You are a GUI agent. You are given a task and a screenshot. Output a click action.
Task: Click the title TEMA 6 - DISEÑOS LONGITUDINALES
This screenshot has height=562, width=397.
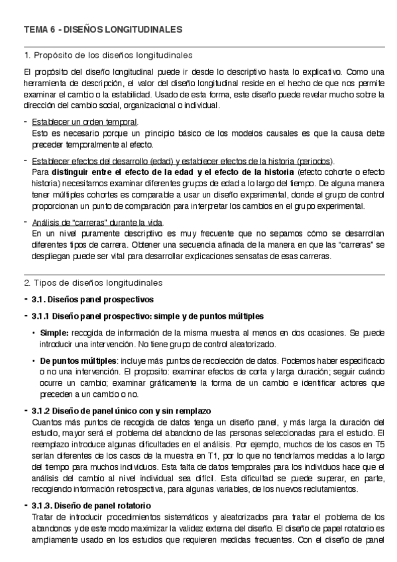[103, 30]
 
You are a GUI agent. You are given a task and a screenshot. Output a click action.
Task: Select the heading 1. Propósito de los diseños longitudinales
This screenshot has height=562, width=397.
[108, 54]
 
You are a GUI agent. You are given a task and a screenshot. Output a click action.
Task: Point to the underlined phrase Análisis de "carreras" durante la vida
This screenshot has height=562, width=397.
[97, 223]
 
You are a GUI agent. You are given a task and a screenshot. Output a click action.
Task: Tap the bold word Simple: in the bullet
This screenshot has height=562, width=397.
[54, 331]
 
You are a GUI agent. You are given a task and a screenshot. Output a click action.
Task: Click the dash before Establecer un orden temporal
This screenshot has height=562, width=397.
[25, 122]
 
